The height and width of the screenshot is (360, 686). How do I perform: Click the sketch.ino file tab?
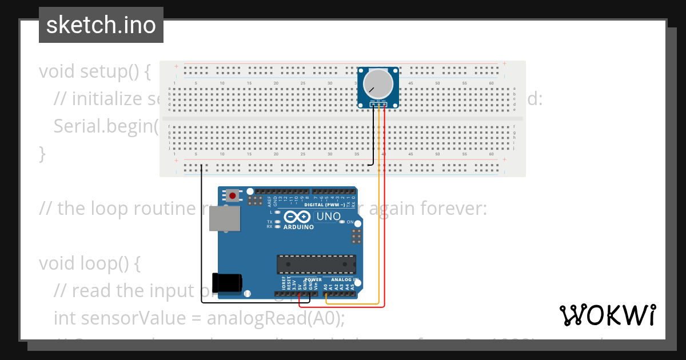click(x=101, y=25)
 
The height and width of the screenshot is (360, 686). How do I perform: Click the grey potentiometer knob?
click(x=378, y=83)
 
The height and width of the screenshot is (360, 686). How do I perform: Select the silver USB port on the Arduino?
click(x=224, y=218)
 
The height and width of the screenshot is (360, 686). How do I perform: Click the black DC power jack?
click(x=227, y=283)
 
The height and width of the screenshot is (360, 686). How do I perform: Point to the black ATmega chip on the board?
click(x=316, y=265)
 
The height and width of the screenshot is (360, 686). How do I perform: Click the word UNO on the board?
click(x=328, y=217)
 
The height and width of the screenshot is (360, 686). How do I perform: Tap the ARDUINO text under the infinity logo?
click(x=298, y=227)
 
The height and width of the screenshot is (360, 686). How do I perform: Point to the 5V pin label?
click(x=299, y=286)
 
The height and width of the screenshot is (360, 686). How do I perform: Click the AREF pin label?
click(x=269, y=201)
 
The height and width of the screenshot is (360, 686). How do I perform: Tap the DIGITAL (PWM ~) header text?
click(x=325, y=205)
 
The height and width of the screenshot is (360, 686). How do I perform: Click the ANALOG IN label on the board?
click(x=344, y=280)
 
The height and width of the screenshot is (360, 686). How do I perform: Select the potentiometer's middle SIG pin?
click(x=378, y=104)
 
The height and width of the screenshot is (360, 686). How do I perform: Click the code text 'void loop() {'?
click(x=90, y=263)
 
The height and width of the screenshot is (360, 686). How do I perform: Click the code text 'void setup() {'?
click(x=94, y=71)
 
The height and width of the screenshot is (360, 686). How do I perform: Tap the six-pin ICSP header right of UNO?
click(x=356, y=236)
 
